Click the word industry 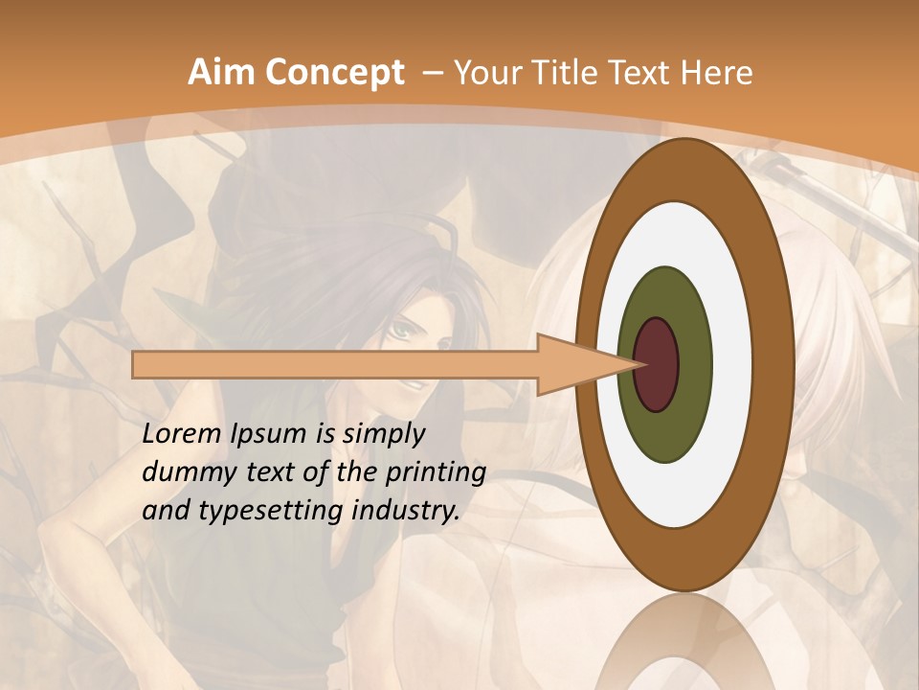point(407,511)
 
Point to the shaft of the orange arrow point(335,365)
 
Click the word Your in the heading point(486,73)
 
